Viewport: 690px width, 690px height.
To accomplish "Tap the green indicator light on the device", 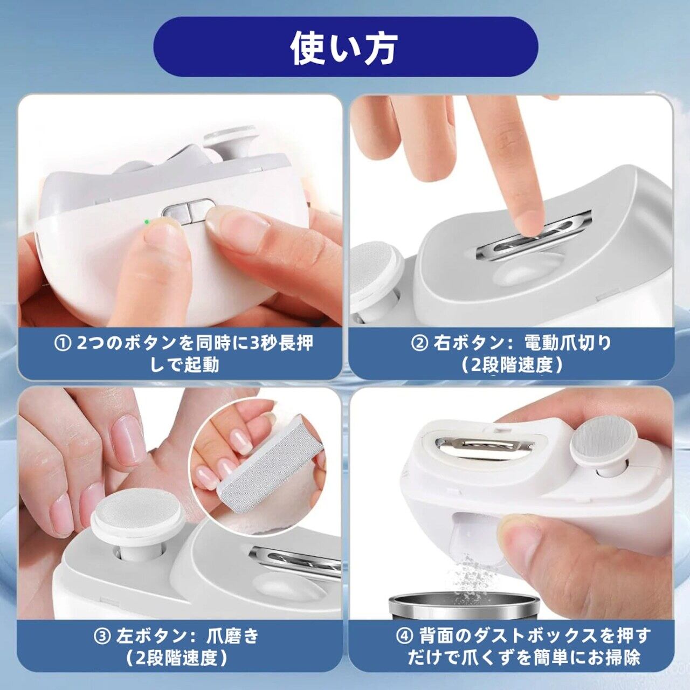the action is (x=147, y=222).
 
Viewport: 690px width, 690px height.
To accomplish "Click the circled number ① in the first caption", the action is (x=61, y=343).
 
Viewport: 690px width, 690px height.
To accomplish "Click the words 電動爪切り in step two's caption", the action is (x=567, y=343).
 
